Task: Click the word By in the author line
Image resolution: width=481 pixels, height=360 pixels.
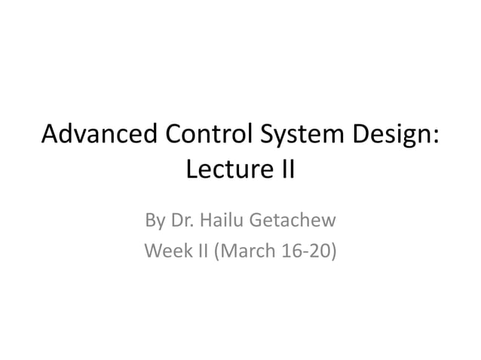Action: (155, 221)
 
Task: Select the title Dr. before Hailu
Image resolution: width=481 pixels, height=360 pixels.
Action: (183, 221)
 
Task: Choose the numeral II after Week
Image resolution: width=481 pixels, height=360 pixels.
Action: (202, 249)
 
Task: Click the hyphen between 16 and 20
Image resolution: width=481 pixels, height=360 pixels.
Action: (304, 251)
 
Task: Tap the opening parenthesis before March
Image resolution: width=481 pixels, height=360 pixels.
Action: (218, 250)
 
